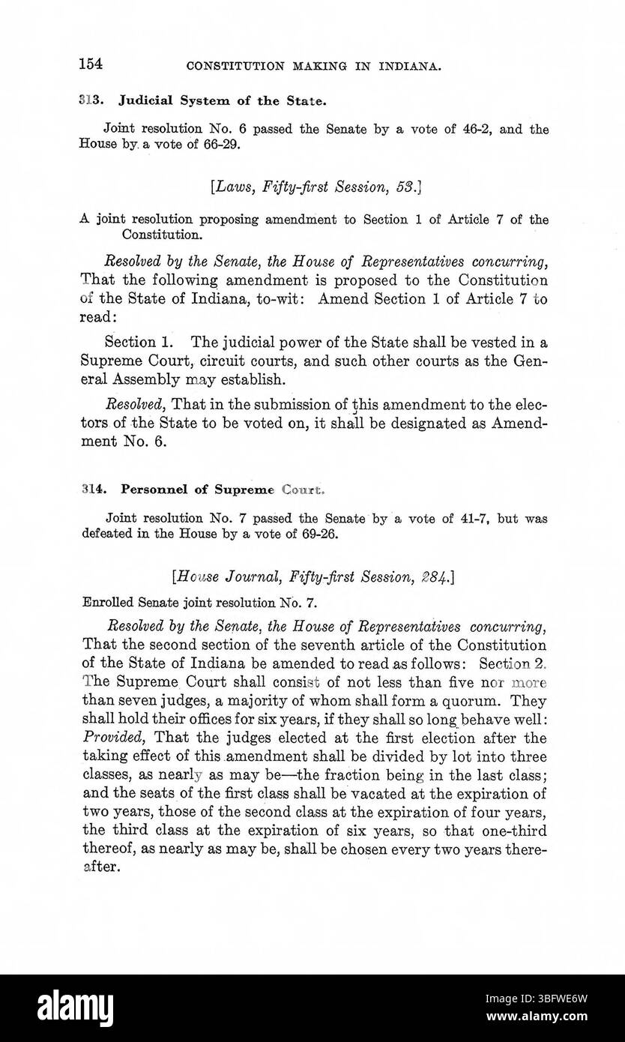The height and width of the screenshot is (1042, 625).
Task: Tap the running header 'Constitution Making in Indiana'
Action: click(313, 66)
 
